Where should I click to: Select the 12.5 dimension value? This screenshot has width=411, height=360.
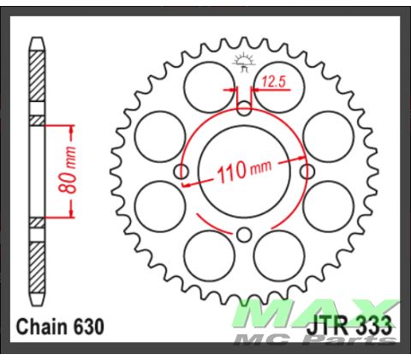click(274, 83)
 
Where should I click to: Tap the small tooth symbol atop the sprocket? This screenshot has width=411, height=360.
click(243, 62)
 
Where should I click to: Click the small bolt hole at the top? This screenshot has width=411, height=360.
click(244, 109)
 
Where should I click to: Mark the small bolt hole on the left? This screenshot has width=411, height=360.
click(181, 172)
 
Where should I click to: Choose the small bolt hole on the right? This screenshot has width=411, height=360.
click(307, 172)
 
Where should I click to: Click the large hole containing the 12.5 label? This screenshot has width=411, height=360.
click(277, 86)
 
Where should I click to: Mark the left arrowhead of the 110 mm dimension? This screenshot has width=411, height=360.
click(190, 180)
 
